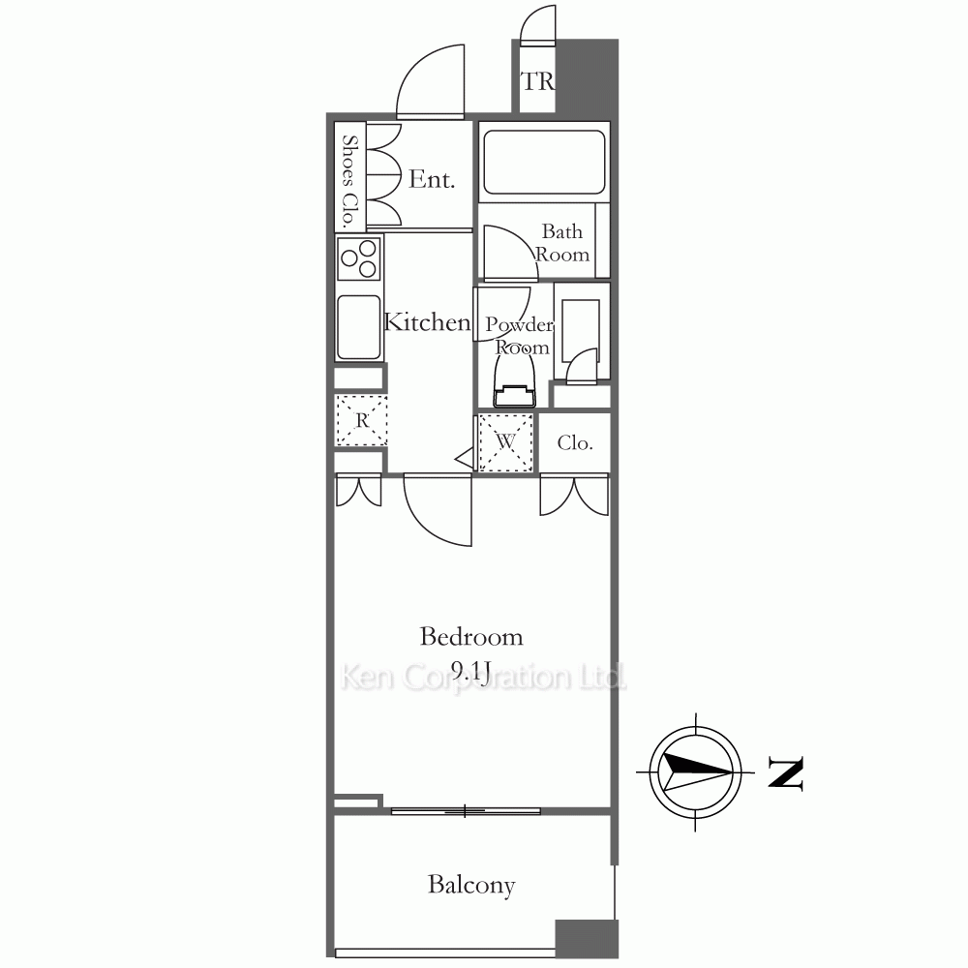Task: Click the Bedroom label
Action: pyautogui.click(x=471, y=637)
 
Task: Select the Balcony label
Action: pyautogui.click(x=471, y=886)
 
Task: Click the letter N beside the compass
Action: pyautogui.click(x=785, y=772)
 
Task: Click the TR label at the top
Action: pyautogui.click(x=537, y=81)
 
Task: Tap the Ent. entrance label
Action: pyautogui.click(x=432, y=179)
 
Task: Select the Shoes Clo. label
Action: pyautogui.click(x=350, y=181)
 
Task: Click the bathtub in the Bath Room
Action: pyautogui.click(x=544, y=162)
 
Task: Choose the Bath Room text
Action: pyautogui.click(x=562, y=243)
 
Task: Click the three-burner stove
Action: pyautogui.click(x=359, y=259)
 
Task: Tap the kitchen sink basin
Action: pyautogui.click(x=359, y=327)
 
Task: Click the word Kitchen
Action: pyautogui.click(x=427, y=321)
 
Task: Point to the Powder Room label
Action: pyautogui.click(x=520, y=336)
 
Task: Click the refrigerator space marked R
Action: pyautogui.click(x=361, y=420)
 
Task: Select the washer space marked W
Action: pyautogui.click(x=505, y=442)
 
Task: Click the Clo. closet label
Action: pyautogui.click(x=575, y=442)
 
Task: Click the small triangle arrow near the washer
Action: pyautogui.click(x=465, y=458)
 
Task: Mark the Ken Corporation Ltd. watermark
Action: pyautogui.click(x=483, y=678)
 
